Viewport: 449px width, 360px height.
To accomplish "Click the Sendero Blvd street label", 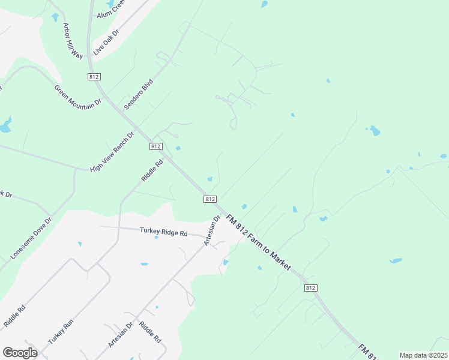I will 139,94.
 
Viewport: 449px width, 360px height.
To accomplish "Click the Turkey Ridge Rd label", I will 164,232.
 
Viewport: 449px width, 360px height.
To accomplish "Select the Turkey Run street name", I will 61,330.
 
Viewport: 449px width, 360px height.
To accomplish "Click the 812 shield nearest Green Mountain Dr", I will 93,77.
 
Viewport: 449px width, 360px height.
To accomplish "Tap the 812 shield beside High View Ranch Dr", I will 155,146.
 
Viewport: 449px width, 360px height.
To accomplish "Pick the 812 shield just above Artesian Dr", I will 209,199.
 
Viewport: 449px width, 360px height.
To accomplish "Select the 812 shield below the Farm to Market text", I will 310,288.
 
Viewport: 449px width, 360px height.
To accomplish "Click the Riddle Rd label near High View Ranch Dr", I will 152,170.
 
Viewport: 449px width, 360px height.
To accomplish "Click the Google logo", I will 20,353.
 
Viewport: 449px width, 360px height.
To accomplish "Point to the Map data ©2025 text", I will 423,355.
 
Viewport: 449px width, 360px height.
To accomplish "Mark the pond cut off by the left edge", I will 5,126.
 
